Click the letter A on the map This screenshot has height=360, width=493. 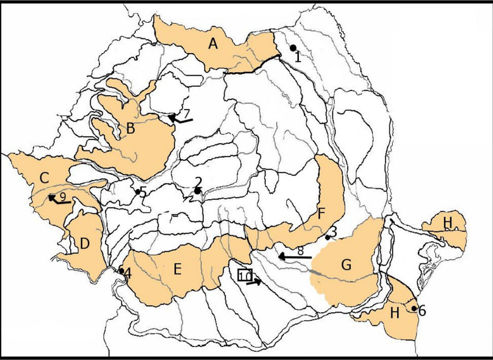click(x=212, y=44)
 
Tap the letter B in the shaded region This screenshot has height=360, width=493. click(x=131, y=128)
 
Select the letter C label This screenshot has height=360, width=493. click(x=44, y=177)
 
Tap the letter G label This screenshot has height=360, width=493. click(x=346, y=264)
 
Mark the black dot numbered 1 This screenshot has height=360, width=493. click(x=293, y=48)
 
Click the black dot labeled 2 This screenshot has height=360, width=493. click(x=198, y=191)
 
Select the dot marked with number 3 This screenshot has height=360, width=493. click(x=328, y=238)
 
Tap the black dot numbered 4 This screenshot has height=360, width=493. click(x=121, y=271)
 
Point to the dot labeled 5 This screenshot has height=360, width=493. click(x=138, y=191)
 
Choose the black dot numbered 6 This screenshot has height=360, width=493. click(x=413, y=308)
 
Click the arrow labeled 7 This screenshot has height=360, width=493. click(x=179, y=120)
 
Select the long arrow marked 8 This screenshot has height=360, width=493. click(x=295, y=256)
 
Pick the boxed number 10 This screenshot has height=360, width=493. click(x=245, y=275)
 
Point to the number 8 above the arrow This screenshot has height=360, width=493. click(x=300, y=250)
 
